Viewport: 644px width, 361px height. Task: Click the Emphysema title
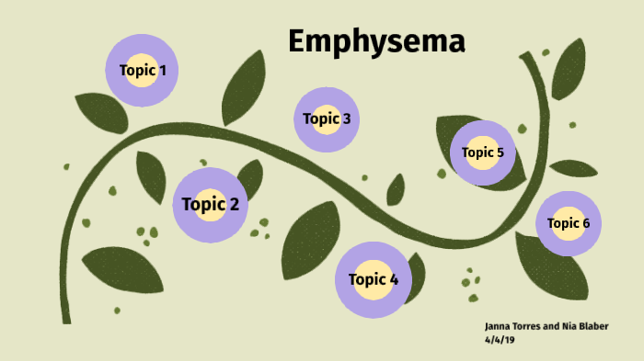(x=376, y=42)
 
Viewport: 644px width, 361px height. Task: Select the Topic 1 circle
(x=143, y=70)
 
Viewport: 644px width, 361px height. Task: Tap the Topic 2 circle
(x=211, y=204)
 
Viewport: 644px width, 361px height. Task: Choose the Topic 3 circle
(x=327, y=118)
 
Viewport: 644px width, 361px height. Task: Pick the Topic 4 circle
(x=374, y=279)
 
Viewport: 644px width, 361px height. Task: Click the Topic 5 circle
(x=483, y=152)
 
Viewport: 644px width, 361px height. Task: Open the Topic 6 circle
(x=569, y=223)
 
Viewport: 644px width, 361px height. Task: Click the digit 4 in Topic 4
(x=393, y=279)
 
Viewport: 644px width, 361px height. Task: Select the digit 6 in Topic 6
(x=585, y=223)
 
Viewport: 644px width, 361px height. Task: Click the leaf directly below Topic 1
(x=100, y=112)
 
